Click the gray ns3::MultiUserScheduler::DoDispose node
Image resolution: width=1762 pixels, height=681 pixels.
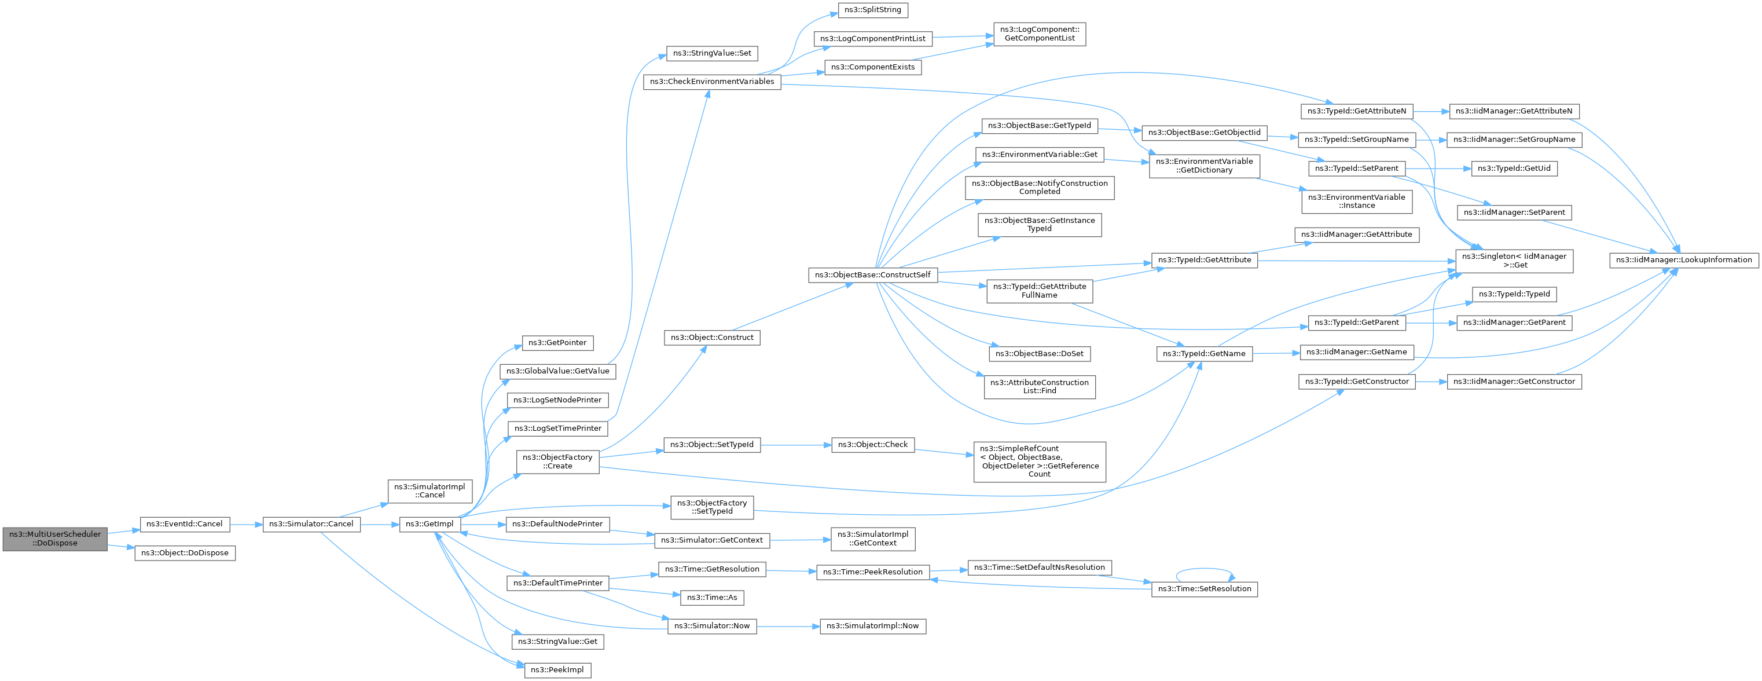(x=55, y=539)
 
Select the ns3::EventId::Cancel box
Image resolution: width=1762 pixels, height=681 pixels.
(x=185, y=524)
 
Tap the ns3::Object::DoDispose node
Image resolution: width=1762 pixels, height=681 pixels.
(x=185, y=553)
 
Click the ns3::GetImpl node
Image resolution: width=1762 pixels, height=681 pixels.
(x=430, y=524)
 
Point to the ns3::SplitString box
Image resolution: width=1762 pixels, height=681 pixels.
(x=873, y=10)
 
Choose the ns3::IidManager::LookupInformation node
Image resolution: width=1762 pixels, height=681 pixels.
(x=1684, y=260)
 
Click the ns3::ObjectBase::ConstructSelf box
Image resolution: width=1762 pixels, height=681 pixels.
(x=873, y=275)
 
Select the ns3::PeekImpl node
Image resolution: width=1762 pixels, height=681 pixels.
(x=557, y=670)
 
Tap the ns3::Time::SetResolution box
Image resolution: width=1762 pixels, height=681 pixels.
(x=1205, y=590)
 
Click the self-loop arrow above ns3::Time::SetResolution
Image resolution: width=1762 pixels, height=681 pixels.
(x=1205, y=569)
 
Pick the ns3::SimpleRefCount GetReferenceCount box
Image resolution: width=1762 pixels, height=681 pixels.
(x=1040, y=462)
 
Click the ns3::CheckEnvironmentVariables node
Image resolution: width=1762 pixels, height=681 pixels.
(x=712, y=82)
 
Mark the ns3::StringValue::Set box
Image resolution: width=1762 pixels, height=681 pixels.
(x=712, y=53)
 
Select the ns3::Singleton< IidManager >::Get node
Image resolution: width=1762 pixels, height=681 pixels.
(x=1514, y=261)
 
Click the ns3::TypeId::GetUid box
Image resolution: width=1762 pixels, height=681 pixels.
(x=1514, y=169)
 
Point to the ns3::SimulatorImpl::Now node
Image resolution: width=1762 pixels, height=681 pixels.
(x=873, y=626)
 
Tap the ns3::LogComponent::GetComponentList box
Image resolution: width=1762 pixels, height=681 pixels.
(x=1040, y=34)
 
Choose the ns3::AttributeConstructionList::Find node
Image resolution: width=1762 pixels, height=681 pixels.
(x=1040, y=387)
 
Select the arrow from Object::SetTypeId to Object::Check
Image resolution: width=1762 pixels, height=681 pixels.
(x=795, y=445)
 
